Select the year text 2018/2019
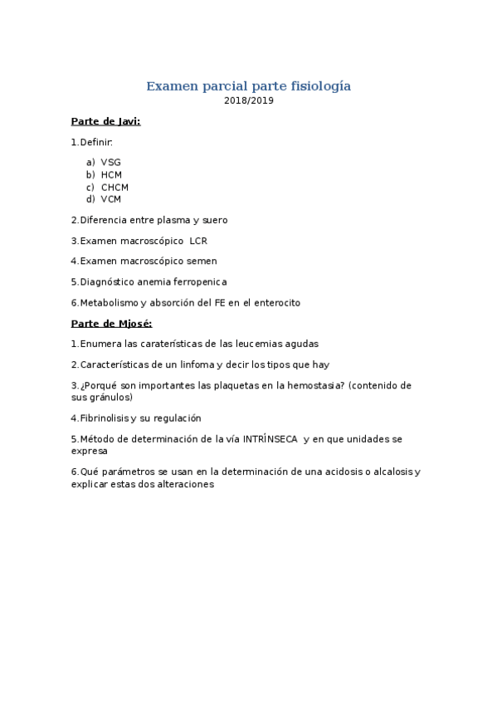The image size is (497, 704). [248, 101]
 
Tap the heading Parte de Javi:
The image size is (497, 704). [105, 121]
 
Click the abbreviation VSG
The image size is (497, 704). [111, 163]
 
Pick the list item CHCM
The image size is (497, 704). [115, 187]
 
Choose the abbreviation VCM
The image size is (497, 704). [111, 199]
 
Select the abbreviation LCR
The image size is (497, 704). [198, 241]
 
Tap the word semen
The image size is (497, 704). [203, 262]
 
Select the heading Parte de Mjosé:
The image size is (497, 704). [111, 323]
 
